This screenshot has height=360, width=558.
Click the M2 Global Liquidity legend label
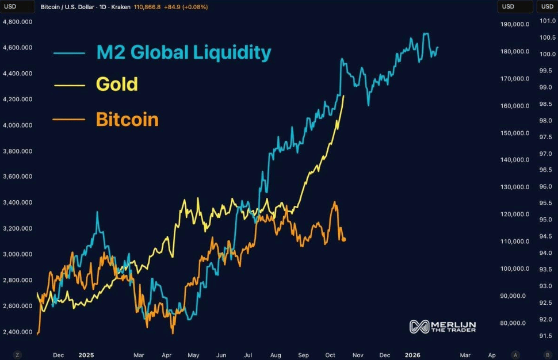[x=184, y=52]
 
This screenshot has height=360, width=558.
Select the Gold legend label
[x=117, y=84]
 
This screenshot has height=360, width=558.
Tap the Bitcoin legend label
[x=127, y=120]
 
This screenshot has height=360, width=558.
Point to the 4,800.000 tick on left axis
[x=17, y=22]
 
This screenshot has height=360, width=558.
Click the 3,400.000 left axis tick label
[x=17, y=202]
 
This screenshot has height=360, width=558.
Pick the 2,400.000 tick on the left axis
[x=17, y=332]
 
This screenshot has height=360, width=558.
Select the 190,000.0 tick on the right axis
[x=514, y=25]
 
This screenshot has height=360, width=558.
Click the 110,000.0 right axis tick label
[x=514, y=242]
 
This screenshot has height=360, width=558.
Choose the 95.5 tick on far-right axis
[x=545, y=203]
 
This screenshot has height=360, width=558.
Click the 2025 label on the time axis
[x=86, y=355]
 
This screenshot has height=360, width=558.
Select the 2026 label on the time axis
[x=413, y=355]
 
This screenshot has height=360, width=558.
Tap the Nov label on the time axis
[x=358, y=355]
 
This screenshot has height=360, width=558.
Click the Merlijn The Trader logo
[x=443, y=327]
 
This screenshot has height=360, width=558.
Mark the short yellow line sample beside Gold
[x=68, y=85]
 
